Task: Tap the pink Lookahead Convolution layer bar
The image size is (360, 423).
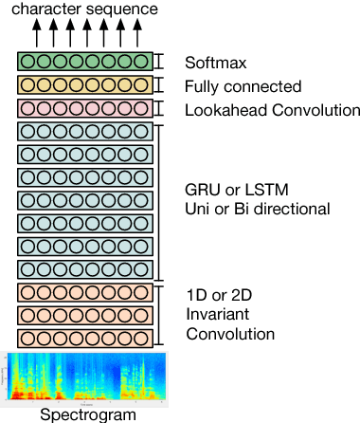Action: [84, 109]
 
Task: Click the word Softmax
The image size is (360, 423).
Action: [216, 64]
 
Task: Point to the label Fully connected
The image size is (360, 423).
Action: [243, 87]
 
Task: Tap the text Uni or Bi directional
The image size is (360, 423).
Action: [257, 208]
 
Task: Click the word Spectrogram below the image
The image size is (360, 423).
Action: [86, 414]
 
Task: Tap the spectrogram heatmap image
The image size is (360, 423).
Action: [86, 377]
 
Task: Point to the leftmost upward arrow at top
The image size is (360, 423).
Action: [37, 33]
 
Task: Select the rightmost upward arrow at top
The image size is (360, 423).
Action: [137, 33]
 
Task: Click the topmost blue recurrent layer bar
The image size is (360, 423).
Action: [84, 132]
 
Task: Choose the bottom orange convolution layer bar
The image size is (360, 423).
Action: [84, 338]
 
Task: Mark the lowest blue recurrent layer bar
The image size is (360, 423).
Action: [84, 268]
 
